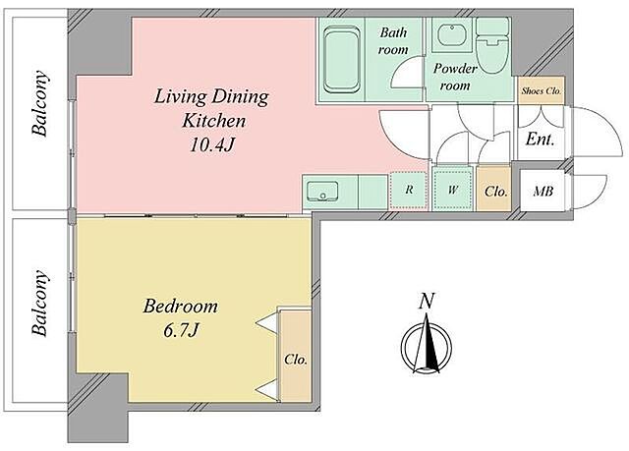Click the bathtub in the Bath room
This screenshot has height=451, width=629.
[x=341, y=59]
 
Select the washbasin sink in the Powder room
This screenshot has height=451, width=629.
[x=452, y=34]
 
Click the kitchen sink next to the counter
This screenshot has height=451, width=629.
[x=322, y=191]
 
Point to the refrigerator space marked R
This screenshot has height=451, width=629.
[x=409, y=190]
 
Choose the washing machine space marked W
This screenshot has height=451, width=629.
[x=453, y=190]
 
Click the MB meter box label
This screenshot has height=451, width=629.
[x=543, y=192]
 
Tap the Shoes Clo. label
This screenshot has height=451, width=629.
[x=542, y=91]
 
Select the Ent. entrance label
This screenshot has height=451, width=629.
[x=540, y=140]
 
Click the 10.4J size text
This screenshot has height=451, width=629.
[x=211, y=145]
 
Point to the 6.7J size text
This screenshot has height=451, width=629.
[x=181, y=330]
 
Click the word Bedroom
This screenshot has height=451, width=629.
[x=181, y=307]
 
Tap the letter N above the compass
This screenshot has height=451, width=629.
[x=427, y=301]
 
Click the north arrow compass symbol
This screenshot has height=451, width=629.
[x=427, y=344]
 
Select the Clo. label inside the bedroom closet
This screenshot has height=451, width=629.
[x=296, y=360]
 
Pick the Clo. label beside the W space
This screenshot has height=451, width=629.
[x=495, y=192]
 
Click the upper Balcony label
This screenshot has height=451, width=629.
[x=40, y=103]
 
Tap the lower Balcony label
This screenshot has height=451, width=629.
[x=40, y=303]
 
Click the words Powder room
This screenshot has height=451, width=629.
[x=455, y=77]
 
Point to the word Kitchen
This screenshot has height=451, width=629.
[x=213, y=121]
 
